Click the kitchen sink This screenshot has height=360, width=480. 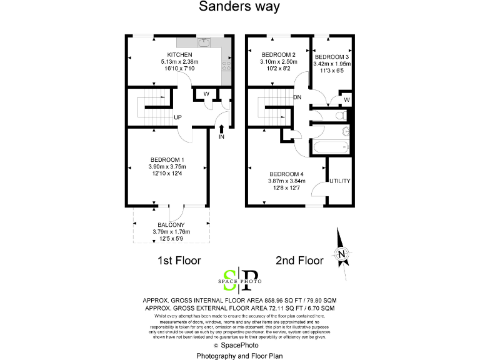pyautogui.click(x=203, y=42)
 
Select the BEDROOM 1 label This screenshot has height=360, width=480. pyautogui.click(x=166, y=159)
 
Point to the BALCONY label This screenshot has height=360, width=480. pyautogui.click(x=171, y=224)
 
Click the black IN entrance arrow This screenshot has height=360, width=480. pyautogui.click(x=221, y=129)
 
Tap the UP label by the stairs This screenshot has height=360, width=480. pyautogui.click(x=177, y=117)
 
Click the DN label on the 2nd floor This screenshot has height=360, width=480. pyautogui.click(x=297, y=97)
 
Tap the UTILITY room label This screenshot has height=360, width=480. pyautogui.click(x=340, y=181)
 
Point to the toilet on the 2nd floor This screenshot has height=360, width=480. pyautogui.click(x=339, y=116)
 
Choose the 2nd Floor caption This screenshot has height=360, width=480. pyautogui.click(x=299, y=260)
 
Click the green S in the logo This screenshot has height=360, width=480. pyautogui.click(x=231, y=277)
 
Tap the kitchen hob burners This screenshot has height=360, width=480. pyautogui.click(x=227, y=64)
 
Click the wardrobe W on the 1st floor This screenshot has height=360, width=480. pyautogui.click(x=206, y=94)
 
